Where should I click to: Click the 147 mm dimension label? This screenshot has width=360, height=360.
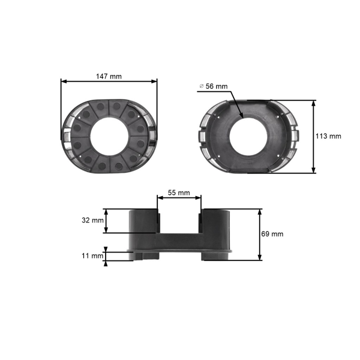pos(109,76)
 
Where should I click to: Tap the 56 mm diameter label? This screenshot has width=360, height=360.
pos(217,86)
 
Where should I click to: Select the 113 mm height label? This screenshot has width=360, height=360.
pos(329,136)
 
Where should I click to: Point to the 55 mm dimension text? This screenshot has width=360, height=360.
pos(179,193)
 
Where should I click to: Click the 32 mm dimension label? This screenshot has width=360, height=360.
pos(92,220)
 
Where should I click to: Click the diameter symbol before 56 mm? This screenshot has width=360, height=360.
pos(202,86)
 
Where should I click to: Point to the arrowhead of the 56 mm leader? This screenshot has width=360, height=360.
pos(241,116)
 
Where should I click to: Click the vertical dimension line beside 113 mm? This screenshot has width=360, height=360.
pos(314,137)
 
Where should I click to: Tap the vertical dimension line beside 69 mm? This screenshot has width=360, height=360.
pos(260,235)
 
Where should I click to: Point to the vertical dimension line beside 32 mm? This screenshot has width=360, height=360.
pos(106,221)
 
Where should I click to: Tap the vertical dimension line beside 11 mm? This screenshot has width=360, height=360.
pos(106,256)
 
